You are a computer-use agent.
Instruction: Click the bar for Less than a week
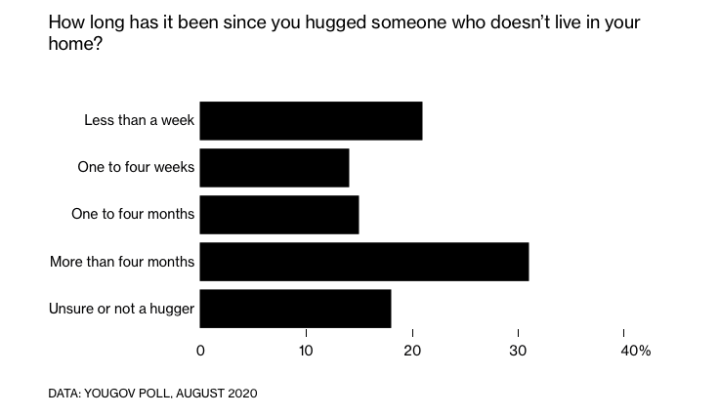tap(311, 120)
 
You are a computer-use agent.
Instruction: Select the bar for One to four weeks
tap(275, 167)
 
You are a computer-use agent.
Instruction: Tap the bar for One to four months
tap(279, 214)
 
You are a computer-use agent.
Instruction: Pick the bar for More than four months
tap(364, 262)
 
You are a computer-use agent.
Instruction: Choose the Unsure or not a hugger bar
tap(295, 309)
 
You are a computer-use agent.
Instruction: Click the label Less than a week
tap(140, 120)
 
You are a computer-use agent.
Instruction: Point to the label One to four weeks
tap(136, 167)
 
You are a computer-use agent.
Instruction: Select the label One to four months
tap(134, 214)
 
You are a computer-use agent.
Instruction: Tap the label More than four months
tap(122, 262)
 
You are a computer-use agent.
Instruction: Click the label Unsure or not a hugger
tap(122, 310)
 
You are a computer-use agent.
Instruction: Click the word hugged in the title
tap(328, 21)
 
